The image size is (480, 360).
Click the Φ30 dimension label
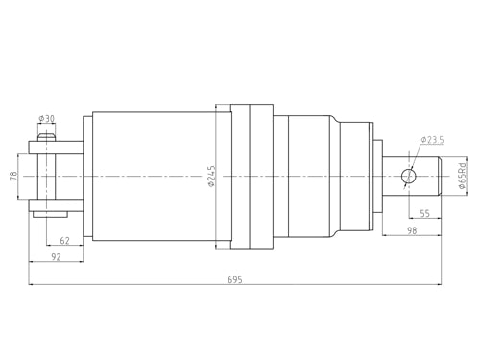[46, 119]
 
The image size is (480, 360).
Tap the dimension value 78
[13, 176]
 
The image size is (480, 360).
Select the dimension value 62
[64, 240]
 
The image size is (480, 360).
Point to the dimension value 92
[56, 256]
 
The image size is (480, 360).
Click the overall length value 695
[234, 279]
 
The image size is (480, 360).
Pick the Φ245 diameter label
[211, 176]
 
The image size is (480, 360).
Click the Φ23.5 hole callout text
[432, 140]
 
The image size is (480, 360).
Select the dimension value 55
[424, 214]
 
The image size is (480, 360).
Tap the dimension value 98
[411, 230]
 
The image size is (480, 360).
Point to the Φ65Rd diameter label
[463, 175]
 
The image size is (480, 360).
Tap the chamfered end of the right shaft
[444, 176]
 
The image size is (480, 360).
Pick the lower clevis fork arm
[58, 204]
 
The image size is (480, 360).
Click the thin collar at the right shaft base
[378, 176]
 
